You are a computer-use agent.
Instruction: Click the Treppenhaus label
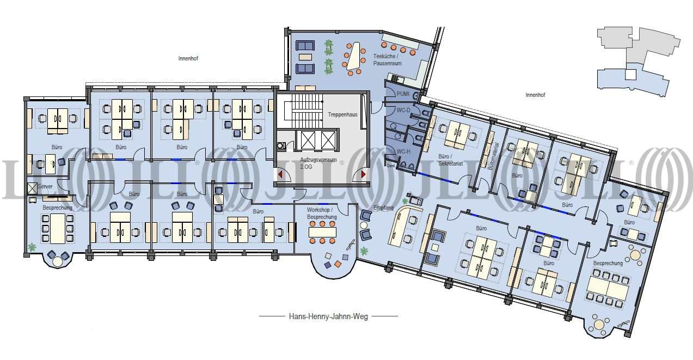[x=342, y=114]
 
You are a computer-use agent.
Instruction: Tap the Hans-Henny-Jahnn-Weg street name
[x=328, y=316]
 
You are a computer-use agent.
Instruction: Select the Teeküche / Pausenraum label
[x=387, y=60]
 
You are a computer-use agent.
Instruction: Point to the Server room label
[x=45, y=186]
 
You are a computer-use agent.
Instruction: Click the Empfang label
[x=383, y=208]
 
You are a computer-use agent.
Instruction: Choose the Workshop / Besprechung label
[x=322, y=213]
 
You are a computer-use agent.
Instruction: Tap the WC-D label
[x=403, y=110]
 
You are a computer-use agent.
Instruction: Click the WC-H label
[x=403, y=151]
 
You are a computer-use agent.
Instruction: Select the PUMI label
[x=403, y=94]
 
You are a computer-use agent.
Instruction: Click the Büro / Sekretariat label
[x=450, y=160]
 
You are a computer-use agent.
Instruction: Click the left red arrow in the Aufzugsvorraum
[x=280, y=175]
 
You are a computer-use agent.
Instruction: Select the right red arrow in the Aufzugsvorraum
[x=363, y=175]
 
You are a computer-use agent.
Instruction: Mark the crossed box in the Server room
[x=32, y=188]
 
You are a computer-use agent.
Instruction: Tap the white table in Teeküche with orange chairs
[x=354, y=57]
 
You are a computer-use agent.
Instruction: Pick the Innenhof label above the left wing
[x=188, y=58]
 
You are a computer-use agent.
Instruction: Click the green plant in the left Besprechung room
[x=32, y=247]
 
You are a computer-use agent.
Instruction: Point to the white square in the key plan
[x=631, y=75]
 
